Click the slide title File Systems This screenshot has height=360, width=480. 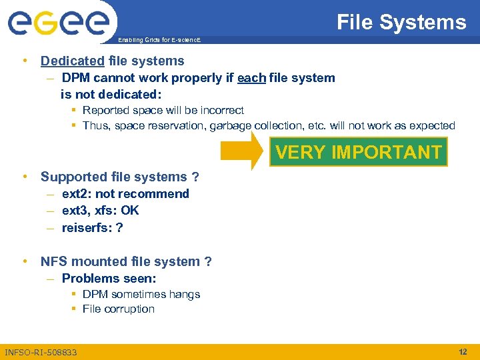click(401, 23)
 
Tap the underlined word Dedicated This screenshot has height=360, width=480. click(72, 61)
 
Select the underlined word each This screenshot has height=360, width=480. click(251, 78)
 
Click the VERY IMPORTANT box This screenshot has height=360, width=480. click(359, 153)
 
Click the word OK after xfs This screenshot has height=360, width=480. click(130, 211)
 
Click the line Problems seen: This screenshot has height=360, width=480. click(109, 279)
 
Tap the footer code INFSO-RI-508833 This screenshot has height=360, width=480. click(41, 351)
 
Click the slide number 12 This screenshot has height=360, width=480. click(463, 351)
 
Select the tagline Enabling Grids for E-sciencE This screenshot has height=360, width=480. click(159, 41)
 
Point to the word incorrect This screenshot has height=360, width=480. click(221, 111)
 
